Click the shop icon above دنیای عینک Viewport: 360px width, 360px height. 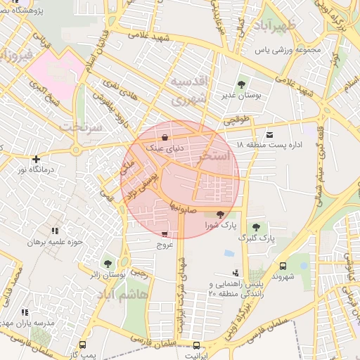[165, 138]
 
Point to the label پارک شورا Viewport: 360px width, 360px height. [217, 226]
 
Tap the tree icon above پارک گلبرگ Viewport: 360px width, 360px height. [255, 226]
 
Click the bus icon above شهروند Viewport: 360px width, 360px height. [283, 266]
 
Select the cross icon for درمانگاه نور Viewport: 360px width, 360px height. [35, 159]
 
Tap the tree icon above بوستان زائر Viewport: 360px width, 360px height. [108, 263]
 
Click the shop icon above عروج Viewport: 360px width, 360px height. [165, 234]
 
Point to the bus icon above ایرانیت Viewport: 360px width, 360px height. [196, 345]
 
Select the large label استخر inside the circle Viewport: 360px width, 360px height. [215, 157]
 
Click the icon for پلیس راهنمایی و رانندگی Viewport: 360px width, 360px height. [235, 273]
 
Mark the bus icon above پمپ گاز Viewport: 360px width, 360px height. [83, 345]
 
